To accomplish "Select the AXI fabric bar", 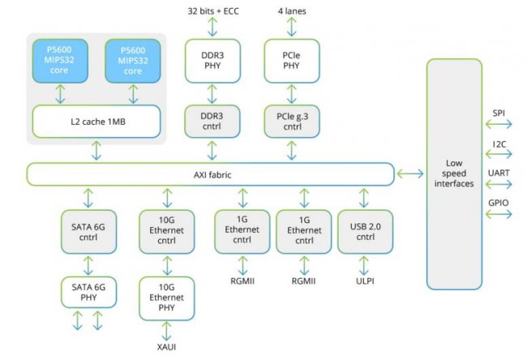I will coord(210,174).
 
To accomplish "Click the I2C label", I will coord(499,144).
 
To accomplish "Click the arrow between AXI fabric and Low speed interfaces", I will coord(411,174).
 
